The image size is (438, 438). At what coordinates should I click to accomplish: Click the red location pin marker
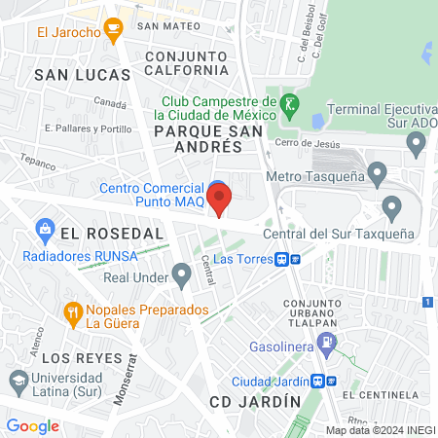tap(219, 200)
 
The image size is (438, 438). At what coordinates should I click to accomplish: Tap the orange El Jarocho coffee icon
tap(114, 32)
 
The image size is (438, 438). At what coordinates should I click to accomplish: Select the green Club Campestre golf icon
tap(289, 102)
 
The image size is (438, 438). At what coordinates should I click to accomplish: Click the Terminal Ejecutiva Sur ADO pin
tap(417, 145)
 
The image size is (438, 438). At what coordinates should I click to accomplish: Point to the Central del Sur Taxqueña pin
tap(392, 206)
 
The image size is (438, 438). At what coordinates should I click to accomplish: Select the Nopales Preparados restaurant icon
tap(72, 312)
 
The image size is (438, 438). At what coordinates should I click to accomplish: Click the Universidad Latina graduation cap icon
tap(18, 378)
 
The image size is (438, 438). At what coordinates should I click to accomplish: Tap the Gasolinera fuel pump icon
tap(326, 343)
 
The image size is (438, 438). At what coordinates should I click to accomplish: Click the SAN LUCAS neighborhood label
tap(82, 74)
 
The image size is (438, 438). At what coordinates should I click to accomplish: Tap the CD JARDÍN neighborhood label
tap(248, 401)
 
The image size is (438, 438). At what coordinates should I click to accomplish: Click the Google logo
tap(32, 425)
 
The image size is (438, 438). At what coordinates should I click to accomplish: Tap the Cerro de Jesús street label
tap(310, 144)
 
